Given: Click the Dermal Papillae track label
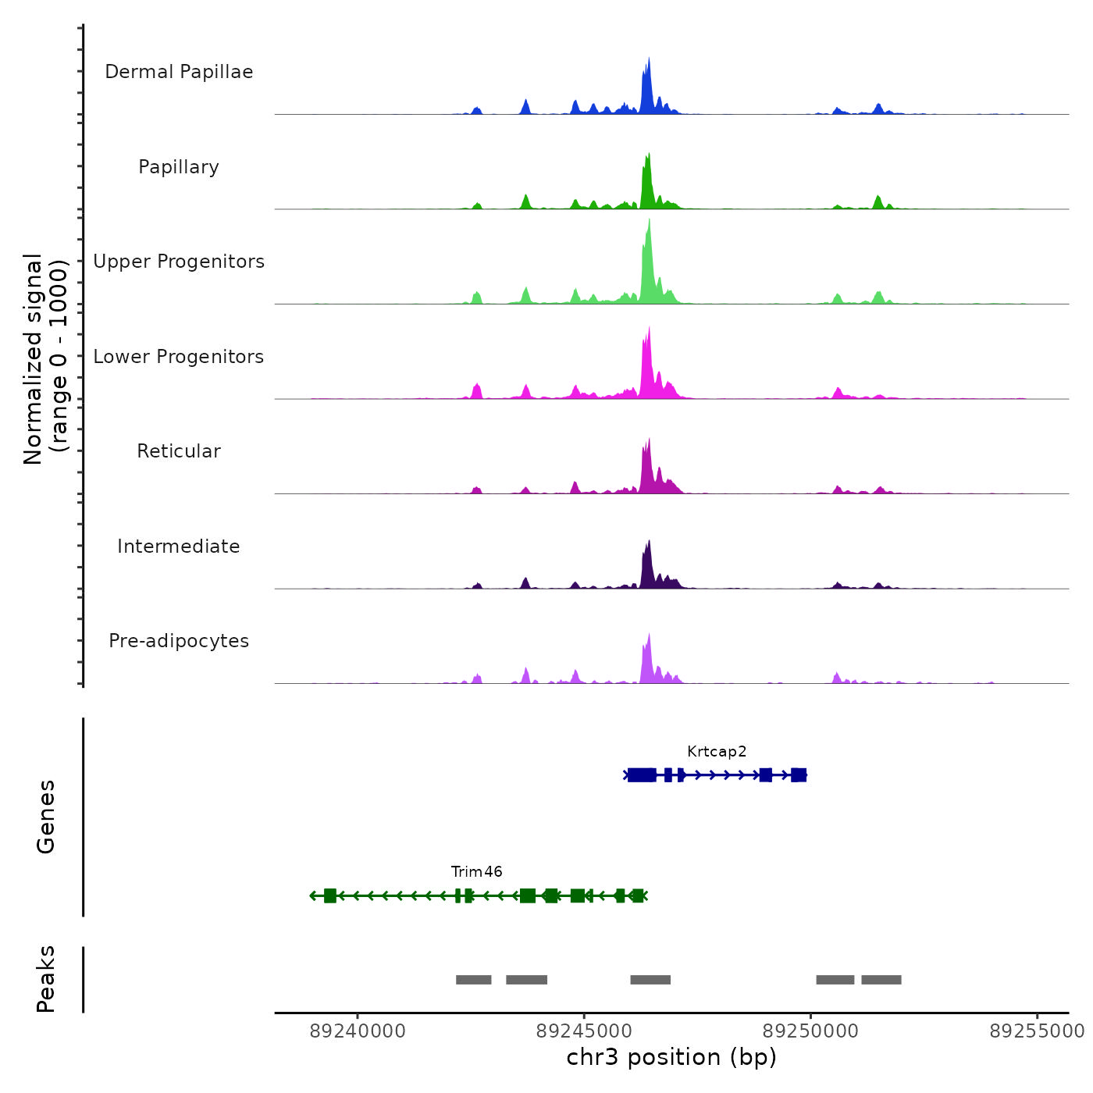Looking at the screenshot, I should [x=179, y=72].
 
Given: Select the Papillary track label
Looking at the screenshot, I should [x=179, y=167].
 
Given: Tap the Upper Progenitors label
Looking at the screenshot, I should [x=179, y=262].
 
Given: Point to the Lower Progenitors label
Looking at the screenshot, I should [x=179, y=357].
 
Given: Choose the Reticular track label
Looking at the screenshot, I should [x=179, y=451].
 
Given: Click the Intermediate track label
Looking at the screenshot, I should [x=179, y=546].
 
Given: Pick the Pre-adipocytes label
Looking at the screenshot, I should [x=179, y=641].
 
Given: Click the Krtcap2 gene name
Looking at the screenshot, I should [x=717, y=752].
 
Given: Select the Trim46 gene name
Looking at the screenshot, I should [x=476, y=872].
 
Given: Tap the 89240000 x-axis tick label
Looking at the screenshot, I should [x=358, y=1031].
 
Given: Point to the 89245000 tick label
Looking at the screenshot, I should [x=584, y=1031].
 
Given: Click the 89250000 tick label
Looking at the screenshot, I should [x=810, y=1031].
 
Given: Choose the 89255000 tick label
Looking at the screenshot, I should [x=1037, y=1031].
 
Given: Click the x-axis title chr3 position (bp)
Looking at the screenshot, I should [x=671, y=1057].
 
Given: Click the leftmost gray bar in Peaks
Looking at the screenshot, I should [x=473, y=980].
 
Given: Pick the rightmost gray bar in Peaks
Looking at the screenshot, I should [x=881, y=980].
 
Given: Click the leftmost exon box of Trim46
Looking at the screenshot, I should [x=329, y=895].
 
